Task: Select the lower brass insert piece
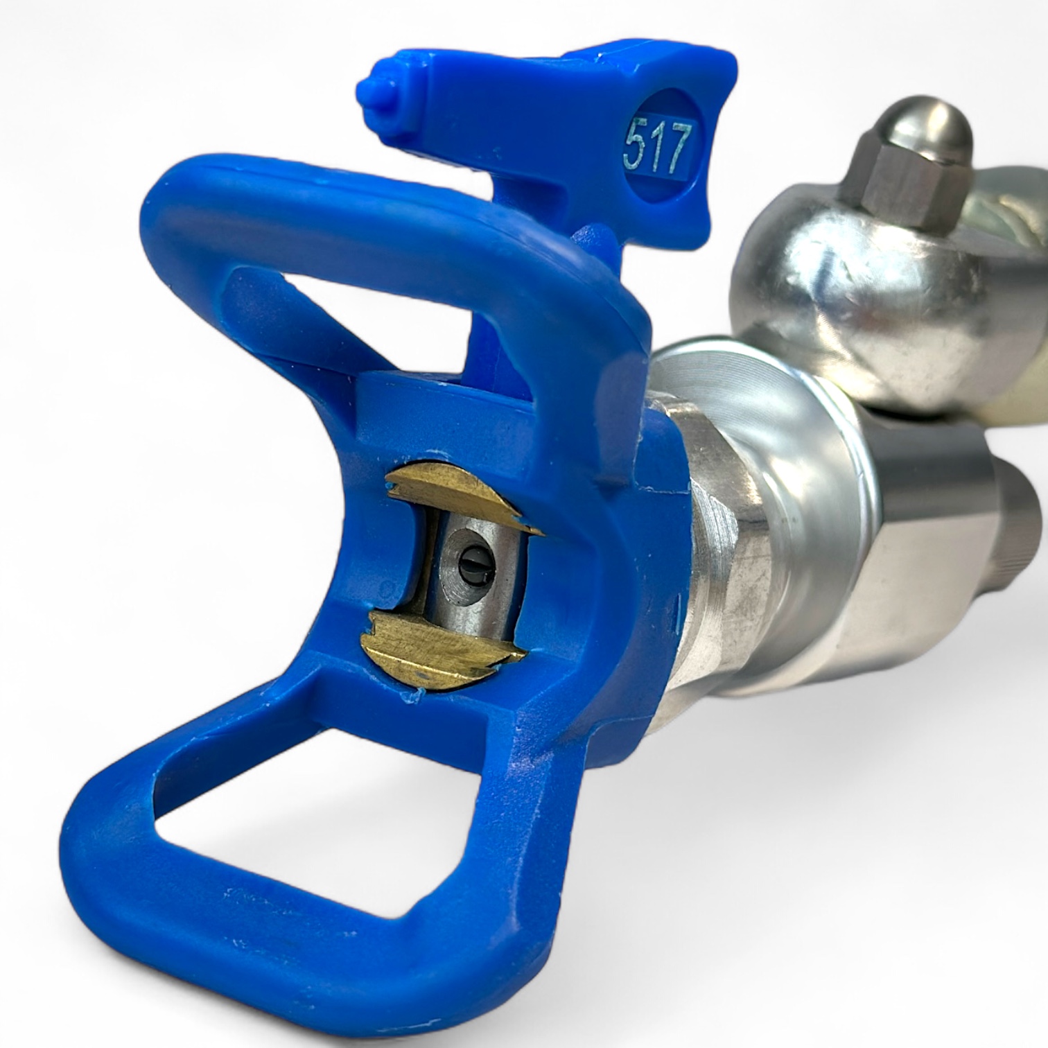(x=444, y=645)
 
